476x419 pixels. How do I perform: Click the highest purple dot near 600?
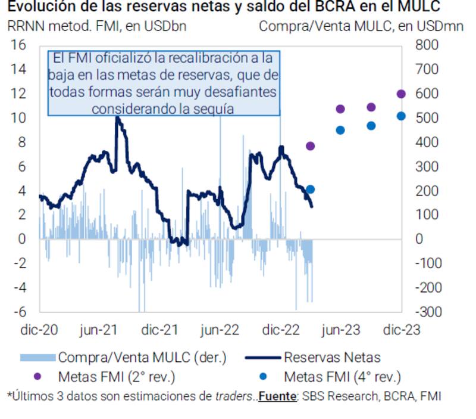coord(401,94)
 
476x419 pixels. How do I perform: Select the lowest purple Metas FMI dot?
coord(310,146)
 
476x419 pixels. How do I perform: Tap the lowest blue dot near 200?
coord(310,190)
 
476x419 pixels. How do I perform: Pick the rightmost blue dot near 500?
coord(401,116)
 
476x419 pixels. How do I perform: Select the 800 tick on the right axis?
coord(427,45)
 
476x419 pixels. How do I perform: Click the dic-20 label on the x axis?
coord(39,330)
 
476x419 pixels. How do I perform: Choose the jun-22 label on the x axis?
coord(220,330)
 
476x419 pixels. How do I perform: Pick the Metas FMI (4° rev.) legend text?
coord(342,377)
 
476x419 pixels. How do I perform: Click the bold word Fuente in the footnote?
coord(278,396)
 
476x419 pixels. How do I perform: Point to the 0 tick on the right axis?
coord(419,239)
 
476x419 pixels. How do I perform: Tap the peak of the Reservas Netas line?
coord(117,117)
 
